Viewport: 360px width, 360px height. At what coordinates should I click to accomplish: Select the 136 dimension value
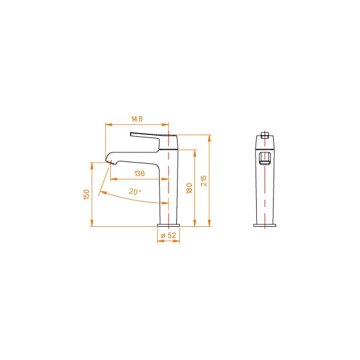pyautogui.click(x=139, y=173)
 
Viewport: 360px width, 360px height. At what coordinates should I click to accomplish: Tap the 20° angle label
pyautogui.click(x=135, y=192)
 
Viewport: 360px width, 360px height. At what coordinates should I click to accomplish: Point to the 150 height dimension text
pyautogui.click(x=86, y=194)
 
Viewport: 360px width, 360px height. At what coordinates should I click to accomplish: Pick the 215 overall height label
pyautogui.click(x=203, y=181)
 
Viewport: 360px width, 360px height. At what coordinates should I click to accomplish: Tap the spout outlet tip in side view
pyautogui.click(x=110, y=161)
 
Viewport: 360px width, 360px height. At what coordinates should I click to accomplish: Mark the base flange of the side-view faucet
pyautogui.click(x=169, y=225)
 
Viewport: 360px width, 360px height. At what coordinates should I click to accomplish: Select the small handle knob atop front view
pyautogui.click(x=265, y=133)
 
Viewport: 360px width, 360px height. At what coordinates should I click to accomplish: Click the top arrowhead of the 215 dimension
pyautogui.click(x=209, y=137)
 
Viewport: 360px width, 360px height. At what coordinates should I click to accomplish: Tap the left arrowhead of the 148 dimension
pyautogui.click(x=107, y=125)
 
